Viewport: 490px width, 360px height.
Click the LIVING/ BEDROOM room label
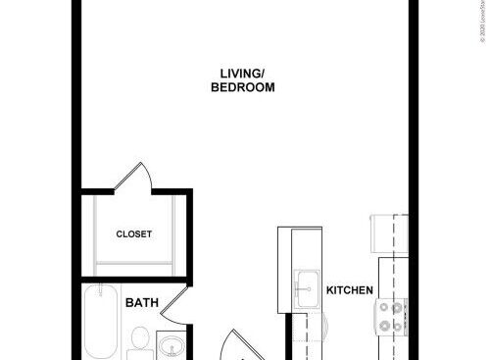[242, 79]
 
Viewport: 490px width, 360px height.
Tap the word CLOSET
[133, 234]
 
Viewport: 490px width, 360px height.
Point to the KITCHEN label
[350, 290]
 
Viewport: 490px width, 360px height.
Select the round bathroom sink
[170, 346]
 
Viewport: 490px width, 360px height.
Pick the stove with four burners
[392, 316]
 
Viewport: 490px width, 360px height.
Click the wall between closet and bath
[137, 279]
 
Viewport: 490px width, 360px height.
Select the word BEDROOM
[242, 86]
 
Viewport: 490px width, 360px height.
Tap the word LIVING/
[242, 72]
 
